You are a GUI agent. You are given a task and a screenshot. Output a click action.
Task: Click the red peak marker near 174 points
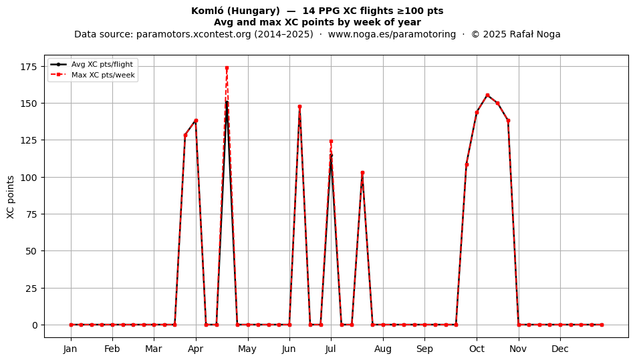coord(227,67)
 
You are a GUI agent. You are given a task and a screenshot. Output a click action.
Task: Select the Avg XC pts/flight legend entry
coord(92,64)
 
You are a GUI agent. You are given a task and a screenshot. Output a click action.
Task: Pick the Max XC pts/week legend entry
coord(93,75)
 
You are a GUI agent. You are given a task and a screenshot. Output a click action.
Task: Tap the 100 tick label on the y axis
coord(29,178)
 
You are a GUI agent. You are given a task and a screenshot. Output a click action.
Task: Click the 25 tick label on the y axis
coord(31,289)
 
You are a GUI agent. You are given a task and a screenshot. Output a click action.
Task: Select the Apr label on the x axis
coord(196,349)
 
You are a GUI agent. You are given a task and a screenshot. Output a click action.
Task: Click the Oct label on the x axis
coord(477,349)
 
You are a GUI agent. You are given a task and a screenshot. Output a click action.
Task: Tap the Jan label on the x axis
coord(70,349)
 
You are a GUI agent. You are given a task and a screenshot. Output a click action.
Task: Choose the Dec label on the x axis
coord(561,349)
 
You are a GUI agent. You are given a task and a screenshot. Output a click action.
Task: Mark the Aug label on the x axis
coord(383,349)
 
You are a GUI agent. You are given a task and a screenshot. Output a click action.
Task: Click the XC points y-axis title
coord(11,197)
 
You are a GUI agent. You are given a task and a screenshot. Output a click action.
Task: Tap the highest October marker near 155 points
coord(487,95)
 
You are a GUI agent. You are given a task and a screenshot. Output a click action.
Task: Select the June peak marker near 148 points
coord(299,107)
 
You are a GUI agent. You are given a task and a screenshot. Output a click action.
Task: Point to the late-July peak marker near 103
coord(362,173)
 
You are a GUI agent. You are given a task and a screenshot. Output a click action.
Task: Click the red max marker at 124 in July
coord(332,141)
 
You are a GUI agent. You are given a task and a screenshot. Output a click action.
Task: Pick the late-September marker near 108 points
coord(467,164)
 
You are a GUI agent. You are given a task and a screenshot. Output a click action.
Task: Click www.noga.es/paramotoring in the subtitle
coord(392,34)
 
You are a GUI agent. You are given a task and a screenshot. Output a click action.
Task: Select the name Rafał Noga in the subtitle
coord(535,34)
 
